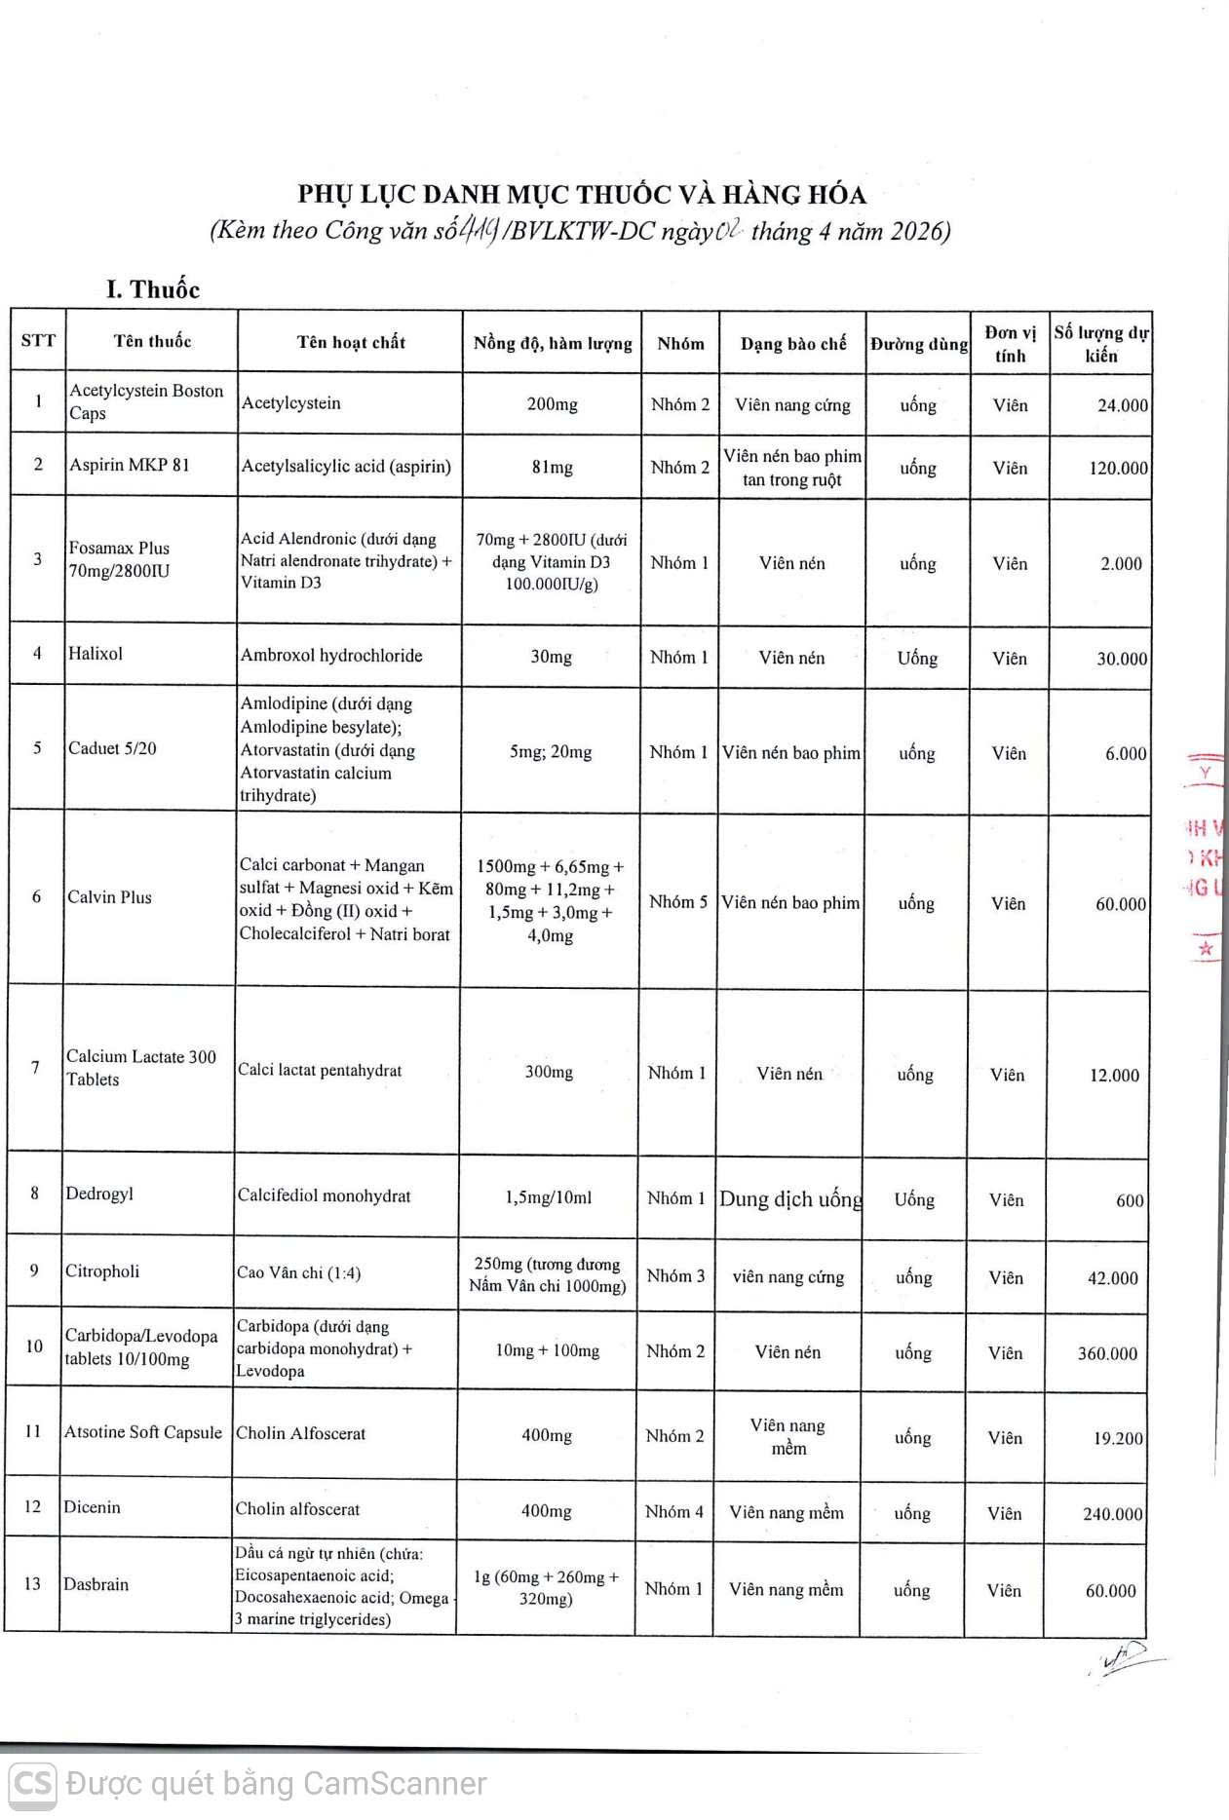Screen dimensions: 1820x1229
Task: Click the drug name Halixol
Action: [96, 654]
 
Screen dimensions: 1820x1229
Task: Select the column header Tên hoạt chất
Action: [351, 342]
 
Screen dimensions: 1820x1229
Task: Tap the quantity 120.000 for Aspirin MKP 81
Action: [1118, 469]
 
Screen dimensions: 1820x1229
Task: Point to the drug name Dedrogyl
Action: [99, 1194]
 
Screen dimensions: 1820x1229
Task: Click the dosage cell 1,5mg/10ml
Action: [549, 1197]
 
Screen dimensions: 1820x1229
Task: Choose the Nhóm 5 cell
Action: [678, 902]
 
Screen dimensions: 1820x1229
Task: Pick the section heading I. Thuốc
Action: [153, 289]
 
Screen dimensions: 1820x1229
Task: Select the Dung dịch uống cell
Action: [790, 1199]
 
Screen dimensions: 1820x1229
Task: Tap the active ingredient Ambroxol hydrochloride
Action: [331, 656]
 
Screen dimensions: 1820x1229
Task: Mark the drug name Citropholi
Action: [102, 1271]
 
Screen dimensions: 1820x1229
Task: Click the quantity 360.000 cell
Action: [1107, 1354]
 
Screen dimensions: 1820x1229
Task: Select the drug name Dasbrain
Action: [96, 1584]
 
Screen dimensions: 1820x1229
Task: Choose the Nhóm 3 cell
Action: [675, 1276]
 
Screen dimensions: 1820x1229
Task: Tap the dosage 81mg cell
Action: [552, 468]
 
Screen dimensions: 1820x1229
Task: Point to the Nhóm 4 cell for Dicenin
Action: [673, 1512]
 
